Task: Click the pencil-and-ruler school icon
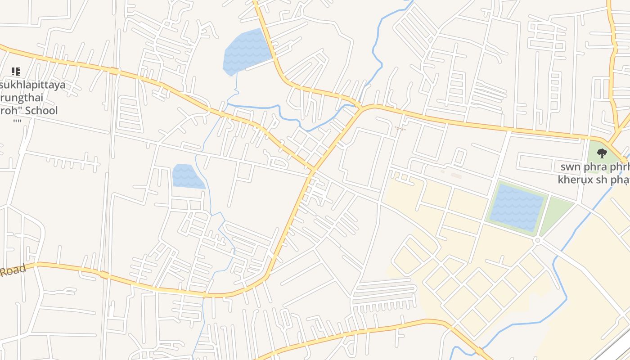[x=16, y=71]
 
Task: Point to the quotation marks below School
[x=18, y=121]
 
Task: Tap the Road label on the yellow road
[x=13, y=270]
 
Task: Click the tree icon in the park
[x=602, y=153]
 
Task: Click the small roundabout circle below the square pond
[x=537, y=241]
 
